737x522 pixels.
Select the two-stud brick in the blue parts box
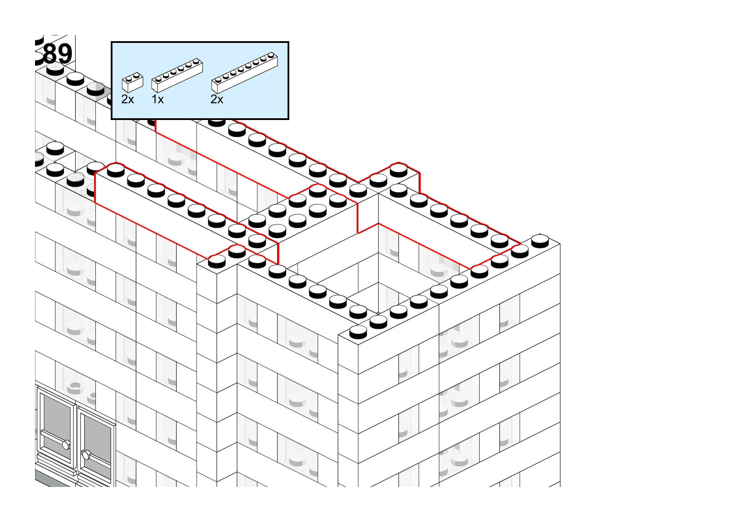(x=133, y=82)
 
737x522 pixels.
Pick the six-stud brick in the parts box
(x=177, y=75)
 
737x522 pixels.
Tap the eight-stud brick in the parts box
(x=245, y=73)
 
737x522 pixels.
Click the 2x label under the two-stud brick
(x=128, y=99)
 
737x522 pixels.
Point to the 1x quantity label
(x=158, y=99)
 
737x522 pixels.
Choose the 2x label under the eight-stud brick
(x=217, y=99)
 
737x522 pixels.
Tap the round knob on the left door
(x=66, y=445)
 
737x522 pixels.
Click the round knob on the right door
(x=86, y=455)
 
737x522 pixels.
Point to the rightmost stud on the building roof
(x=540, y=240)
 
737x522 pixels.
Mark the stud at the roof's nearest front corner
(x=358, y=332)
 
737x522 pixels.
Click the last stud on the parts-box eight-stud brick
(x=271, y=55)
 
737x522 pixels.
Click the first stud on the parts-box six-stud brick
(x=158, y=79)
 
